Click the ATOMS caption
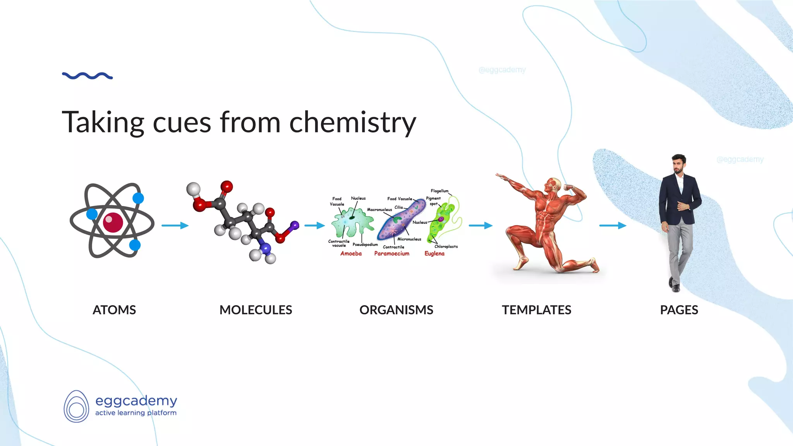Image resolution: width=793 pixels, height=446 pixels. [x=114, y=310]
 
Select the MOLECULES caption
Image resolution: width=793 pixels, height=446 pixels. [x=256, y=310]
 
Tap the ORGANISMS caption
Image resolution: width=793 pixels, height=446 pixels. [x=396, y=310]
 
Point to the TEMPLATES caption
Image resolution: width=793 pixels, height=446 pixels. [x=536, y=310]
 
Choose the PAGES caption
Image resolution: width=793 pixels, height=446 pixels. [x=679, y=310]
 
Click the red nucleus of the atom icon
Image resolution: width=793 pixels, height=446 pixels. [x=113, y=222]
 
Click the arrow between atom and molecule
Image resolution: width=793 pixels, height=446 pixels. [x=175, y=225]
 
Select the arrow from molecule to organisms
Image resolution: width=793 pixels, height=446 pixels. [x=314, y=225]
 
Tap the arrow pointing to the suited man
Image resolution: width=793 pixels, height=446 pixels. [x=613, y=225]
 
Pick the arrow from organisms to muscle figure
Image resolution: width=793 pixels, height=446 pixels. [x=481, y=225]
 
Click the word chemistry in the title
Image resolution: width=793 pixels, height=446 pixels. [x=352, y=122]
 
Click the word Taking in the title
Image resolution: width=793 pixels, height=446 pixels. [x=103, y=122]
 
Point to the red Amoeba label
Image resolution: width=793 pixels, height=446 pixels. [x=351, y=254]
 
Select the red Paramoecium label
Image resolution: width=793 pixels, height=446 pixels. [x=391, y=254]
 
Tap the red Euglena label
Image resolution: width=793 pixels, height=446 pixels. [x=434, y=254]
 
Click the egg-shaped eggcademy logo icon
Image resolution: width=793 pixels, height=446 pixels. [x=76, y=406]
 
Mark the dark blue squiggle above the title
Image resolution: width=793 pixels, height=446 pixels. [x=88, y=76]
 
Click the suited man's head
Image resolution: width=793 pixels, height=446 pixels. [x=678, y=164]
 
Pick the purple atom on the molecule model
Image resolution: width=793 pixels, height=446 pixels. [x=295, y=225]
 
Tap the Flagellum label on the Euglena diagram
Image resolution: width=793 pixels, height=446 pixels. [x=439, y=191]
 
